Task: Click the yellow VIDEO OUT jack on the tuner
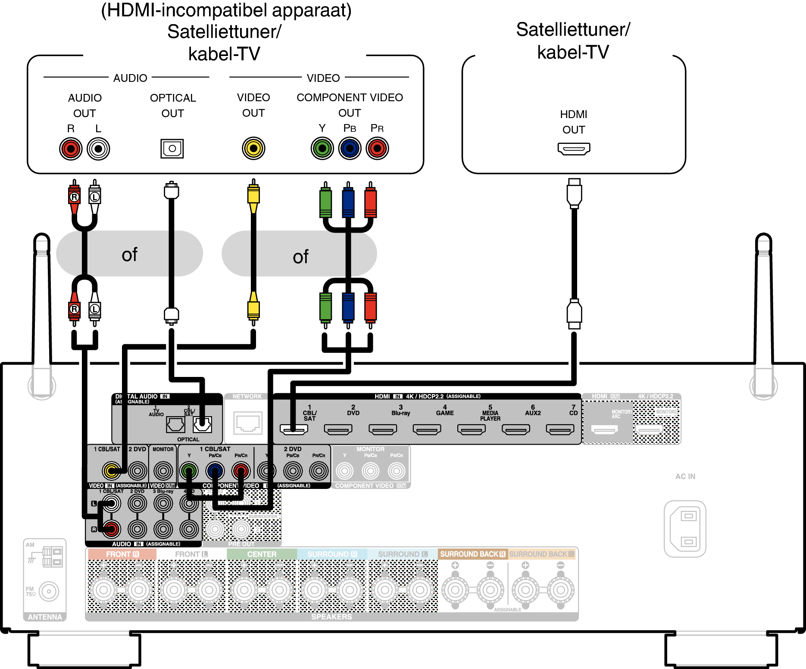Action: (x=253, y=149)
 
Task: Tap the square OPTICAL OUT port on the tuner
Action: (x=172, y=149)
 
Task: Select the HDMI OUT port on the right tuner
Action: (x=574, y=149)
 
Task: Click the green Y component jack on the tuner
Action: (x=322, y=149)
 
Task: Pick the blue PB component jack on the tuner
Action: (x=350, y=149)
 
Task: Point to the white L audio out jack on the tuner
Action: (x=98, y=149)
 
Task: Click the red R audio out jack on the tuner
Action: (x=71, y=149)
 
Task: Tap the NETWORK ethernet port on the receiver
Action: (x=247, y=423)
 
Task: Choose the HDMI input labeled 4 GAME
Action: (x=427, y=429)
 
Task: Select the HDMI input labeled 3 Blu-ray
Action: (x=383, y=429)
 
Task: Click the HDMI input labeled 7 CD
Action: (x=560, y=429)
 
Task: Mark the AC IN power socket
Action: (x=685, y=529)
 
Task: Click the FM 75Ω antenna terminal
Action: (x=49, y=591)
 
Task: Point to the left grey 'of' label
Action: (x=129, y=254)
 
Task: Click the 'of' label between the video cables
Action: (x=300, y=257)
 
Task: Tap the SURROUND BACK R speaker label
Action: (x=472, y=554)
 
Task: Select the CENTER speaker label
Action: (x=262, y=554)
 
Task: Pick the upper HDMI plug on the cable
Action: (x=574, y=193)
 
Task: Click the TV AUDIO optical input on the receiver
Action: (x=175, y=425)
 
